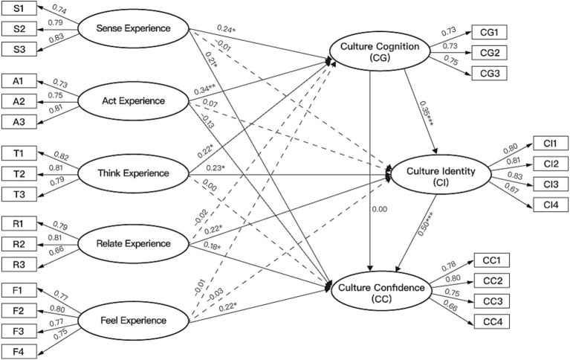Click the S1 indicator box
pyautogui.click(x=19, y=8)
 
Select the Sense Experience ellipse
pyautogui.click(x=134, y=28)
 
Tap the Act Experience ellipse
pyautogui.click(x=134, y=101)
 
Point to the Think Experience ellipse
pyautogui.click(x=134, y=173)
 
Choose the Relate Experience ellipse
pyautogui.click(x=134, y=243)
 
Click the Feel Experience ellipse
pyautogui.click(x=134, y=321)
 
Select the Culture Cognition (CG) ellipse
pyautogui.click(x=380, y=51)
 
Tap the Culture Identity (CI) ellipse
pyautogui.click(x=441, y=176)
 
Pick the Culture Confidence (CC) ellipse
pyautogui.click(x=381, y=292)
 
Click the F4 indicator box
pyautogui.click(x=19, y=352)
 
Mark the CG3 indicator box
pyautogui.click(x=489, y=73)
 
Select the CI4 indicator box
pyautogui.click(x=551, y=205)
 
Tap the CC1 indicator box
pyautogui.click(x=492, y=260)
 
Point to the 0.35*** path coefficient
pyautogui.click(x=427, y=114)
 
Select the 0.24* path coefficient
pyautogui.click(x=227, y=28)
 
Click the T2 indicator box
pyautogui.click(x=19, y=174)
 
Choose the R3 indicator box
pyautogui.click(x=19, y=264)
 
